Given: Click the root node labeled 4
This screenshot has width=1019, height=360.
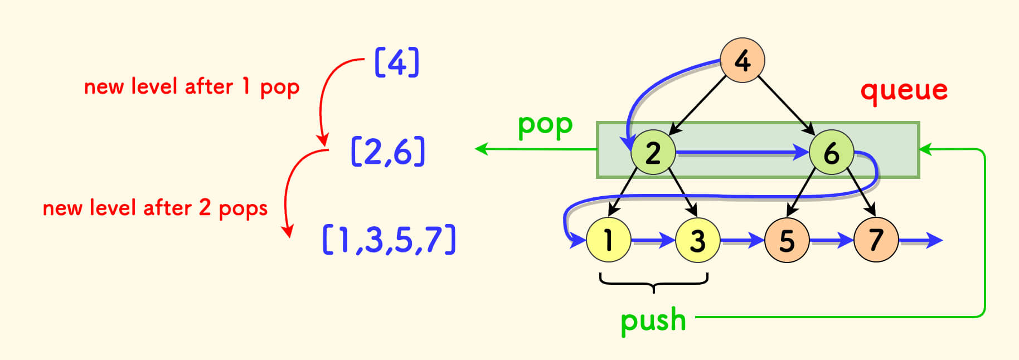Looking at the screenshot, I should coord(742,60).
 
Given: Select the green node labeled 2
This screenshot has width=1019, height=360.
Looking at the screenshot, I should coord(653,152).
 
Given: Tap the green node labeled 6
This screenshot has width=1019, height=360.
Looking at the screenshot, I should coord(831,152).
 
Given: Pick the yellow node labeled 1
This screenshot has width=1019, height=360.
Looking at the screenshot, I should coord(608,240).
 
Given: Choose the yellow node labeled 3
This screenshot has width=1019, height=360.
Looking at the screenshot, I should coord(697,240).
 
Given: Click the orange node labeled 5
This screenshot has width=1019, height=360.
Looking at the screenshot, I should coord(787,240).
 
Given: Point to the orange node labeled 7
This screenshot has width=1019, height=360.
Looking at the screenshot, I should coord(876,240).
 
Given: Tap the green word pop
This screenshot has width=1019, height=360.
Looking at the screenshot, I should coord(545,125).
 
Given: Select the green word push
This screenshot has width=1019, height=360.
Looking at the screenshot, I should coord(653,320).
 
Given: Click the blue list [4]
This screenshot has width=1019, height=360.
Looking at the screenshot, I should coord(397,62).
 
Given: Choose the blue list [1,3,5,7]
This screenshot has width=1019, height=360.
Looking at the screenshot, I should coord(389,240).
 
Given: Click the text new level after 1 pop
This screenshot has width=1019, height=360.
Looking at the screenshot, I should coord(192,87).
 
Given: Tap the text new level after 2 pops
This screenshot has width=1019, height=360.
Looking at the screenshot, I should coord(155,208).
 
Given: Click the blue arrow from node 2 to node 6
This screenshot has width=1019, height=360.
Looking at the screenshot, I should coord(741,152).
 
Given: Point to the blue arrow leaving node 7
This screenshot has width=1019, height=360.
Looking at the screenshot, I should coord(920,241).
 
